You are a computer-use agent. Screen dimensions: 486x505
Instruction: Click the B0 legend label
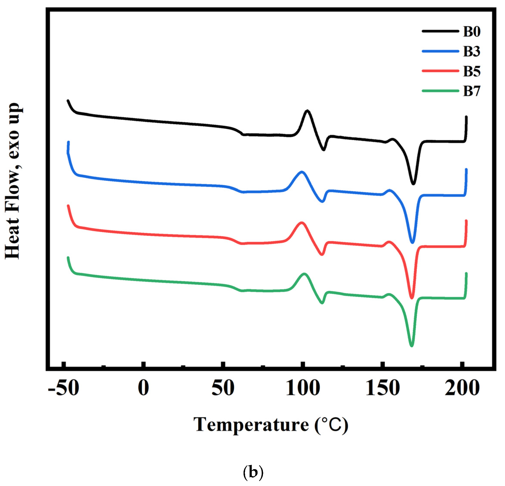(x=472, y=32)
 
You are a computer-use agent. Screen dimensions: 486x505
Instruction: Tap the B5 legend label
(x=472, y=71)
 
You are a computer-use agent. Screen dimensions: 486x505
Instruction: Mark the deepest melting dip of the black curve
(x=413, y=184)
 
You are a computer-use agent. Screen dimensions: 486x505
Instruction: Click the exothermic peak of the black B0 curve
(x=307, y=111)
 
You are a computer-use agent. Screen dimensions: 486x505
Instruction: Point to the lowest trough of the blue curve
(x=412, y=242)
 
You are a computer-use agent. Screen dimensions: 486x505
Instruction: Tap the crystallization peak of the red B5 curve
(x=301, y=223)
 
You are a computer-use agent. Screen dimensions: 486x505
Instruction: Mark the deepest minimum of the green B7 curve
(x=412, y=345)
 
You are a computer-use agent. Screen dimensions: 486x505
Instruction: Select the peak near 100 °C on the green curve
(x=304, y=274)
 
